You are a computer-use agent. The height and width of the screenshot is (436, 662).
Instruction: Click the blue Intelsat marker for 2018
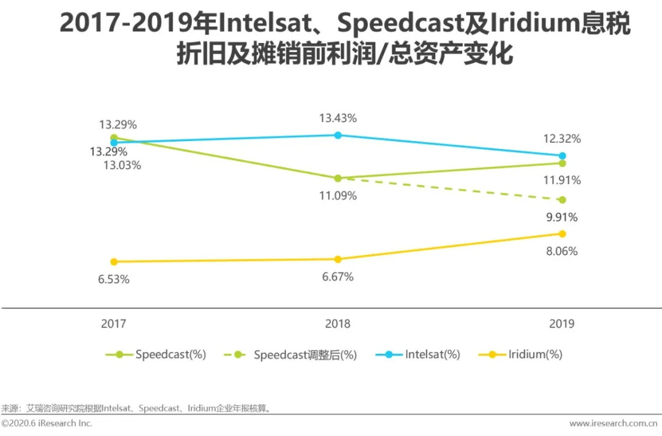[337, 135]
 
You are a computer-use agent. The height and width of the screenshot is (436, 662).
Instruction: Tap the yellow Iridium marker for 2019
[562, 234]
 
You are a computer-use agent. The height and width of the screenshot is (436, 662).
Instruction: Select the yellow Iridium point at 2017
[113, 262]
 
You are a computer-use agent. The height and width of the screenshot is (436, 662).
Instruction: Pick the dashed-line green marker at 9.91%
[562, 200]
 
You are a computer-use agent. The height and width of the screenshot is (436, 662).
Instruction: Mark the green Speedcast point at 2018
[337, 178]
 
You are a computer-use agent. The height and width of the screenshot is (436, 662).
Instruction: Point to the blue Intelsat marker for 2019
[562, 156]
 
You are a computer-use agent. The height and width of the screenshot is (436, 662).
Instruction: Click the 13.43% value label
[337, 118]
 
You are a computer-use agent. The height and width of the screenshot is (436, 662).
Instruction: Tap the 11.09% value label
[337, 196]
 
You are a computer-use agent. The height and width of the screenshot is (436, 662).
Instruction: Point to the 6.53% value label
[113, 280]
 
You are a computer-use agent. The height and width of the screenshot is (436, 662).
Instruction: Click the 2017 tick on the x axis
[113, 324]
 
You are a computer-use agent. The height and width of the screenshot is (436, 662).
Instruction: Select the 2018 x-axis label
[337, 324]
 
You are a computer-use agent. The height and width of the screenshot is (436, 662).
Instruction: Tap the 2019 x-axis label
[561, 324]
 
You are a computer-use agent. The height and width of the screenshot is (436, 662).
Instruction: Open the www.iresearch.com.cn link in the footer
[615, 424]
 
